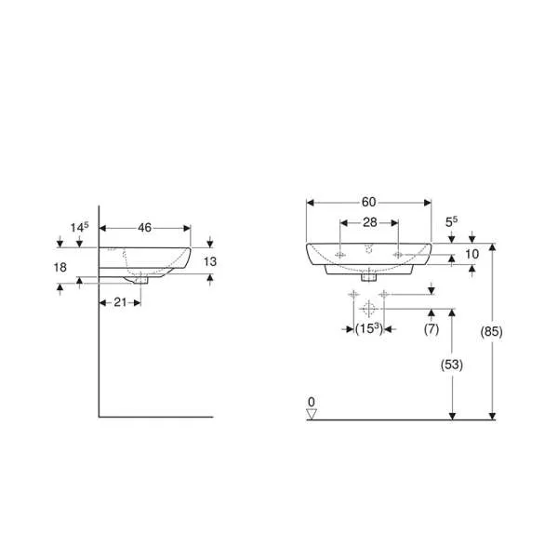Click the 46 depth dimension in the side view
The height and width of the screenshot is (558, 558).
point(145,227)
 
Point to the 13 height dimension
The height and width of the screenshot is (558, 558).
point(209,261)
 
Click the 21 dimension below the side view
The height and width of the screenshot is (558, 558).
point(120,303)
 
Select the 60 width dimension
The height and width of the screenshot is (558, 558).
point(369,202)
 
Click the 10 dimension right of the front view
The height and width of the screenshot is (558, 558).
point(471,254)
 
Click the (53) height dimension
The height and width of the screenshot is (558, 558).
point(450,365)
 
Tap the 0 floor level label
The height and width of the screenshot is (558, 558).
point(312,402)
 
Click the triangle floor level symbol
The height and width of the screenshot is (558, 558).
point(312,415)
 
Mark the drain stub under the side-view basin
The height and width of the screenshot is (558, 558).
point(140,277)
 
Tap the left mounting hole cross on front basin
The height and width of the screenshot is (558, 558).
point(342,254)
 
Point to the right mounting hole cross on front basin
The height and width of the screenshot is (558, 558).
point(397,254)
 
